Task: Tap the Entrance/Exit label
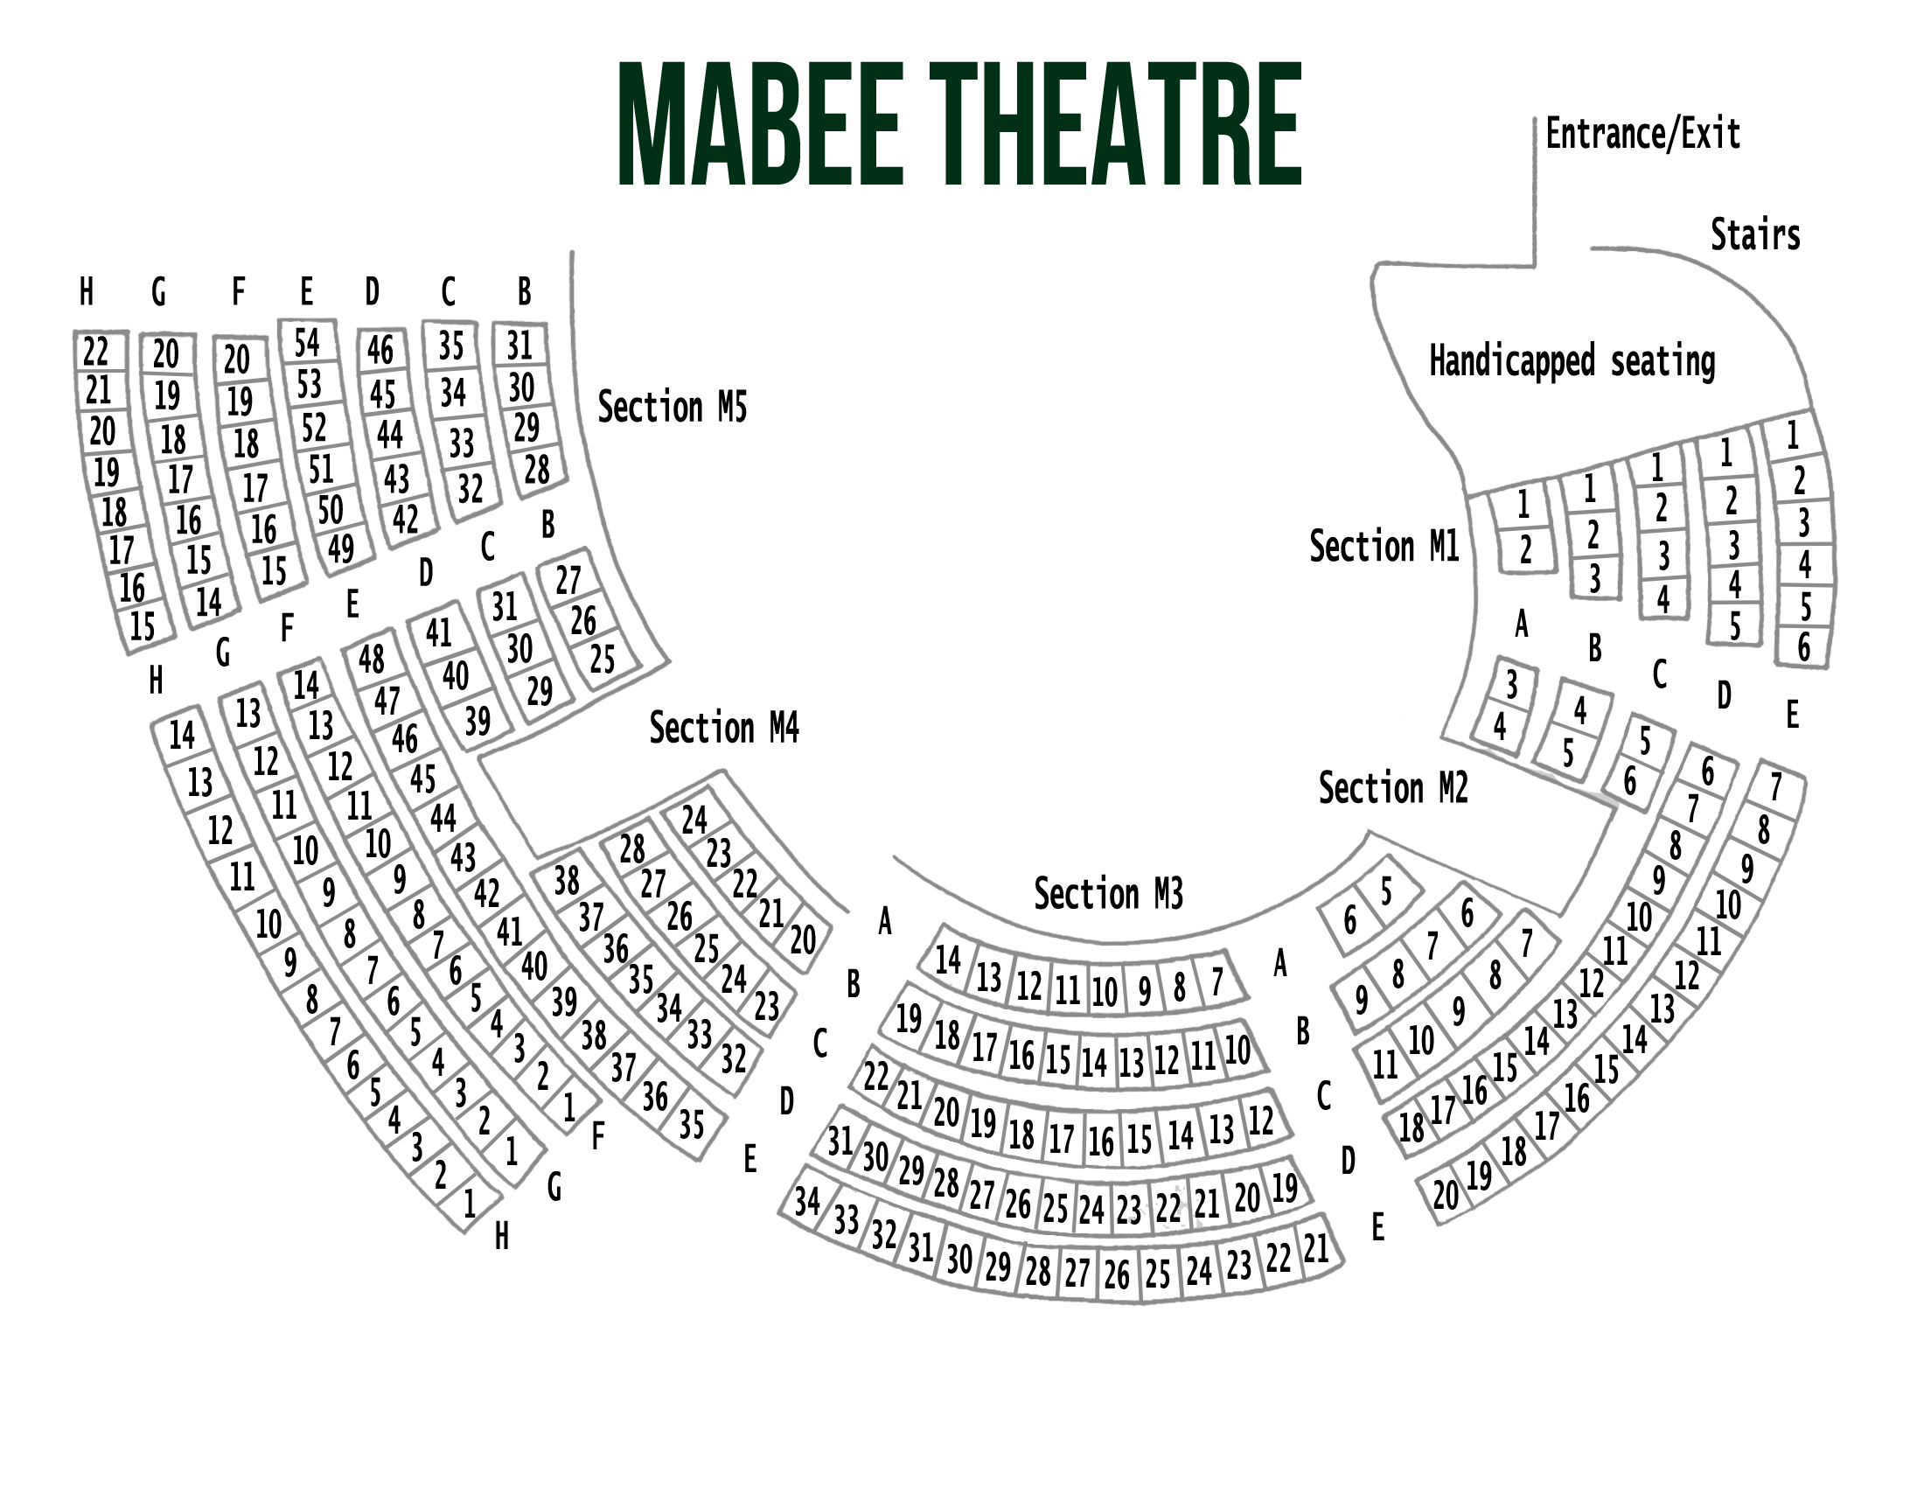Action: click(1643, 134)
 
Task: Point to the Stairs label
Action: click(1755, 234)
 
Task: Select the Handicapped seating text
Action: click(1572, 361)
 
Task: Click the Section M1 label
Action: click(1384, 546)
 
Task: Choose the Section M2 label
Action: click(1393, 787)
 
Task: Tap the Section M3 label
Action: click(1108, 893)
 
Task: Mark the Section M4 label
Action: click(724, 728)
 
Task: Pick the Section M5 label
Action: click(673, 407)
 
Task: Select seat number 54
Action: click(307, 342)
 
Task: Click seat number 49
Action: click(341, 548)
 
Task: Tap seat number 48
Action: click(372, 660)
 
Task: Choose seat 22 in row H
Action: click(96, 353)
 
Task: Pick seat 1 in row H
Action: click(470, 1203)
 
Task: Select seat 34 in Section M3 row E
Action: click(807, 1201)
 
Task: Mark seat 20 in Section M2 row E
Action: click(1445, 1195)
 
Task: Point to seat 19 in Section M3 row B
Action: click(909, 1019)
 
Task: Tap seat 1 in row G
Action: click(512, 1150)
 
